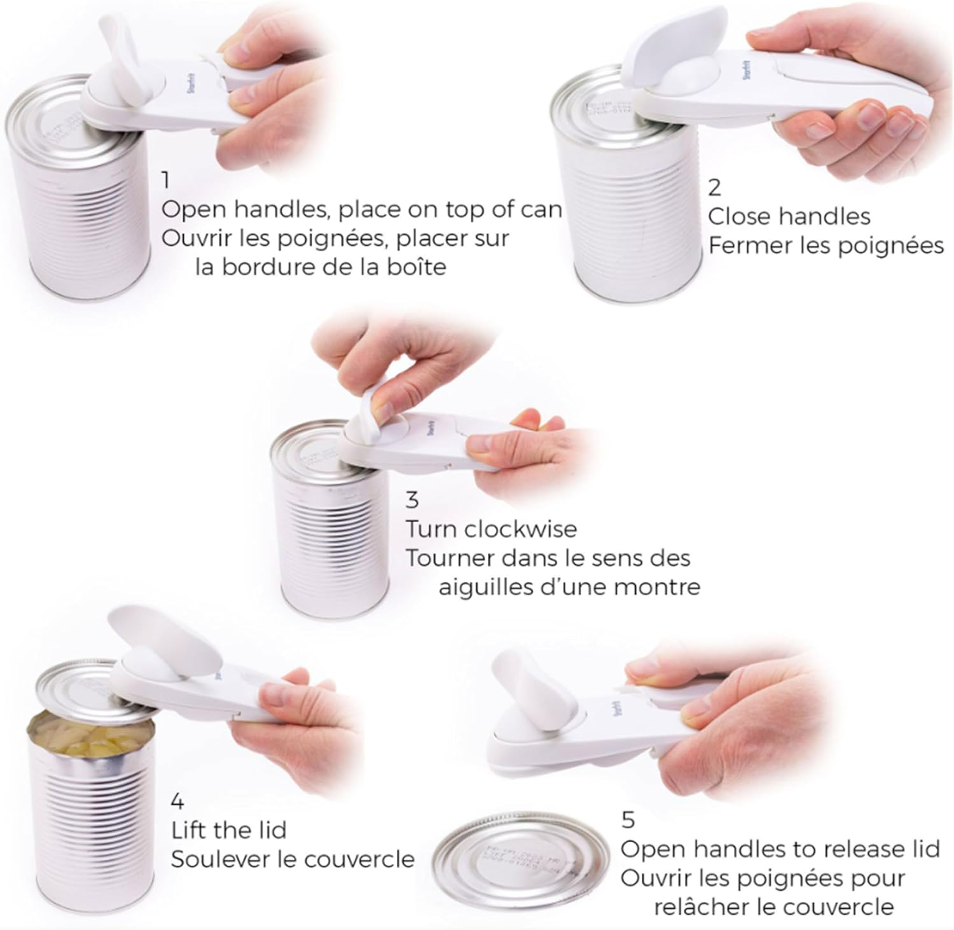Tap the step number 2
coord(715,187)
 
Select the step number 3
coord(412,500)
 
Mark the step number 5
coord(628,820)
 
